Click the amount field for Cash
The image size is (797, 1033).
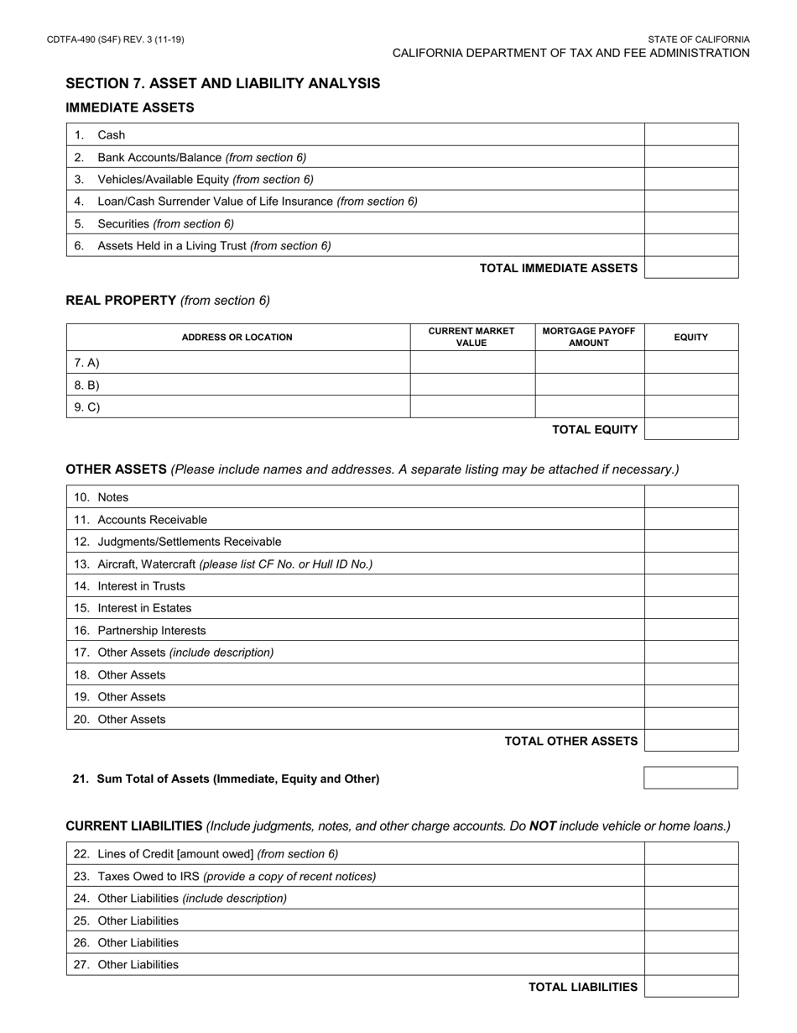pos(691,134)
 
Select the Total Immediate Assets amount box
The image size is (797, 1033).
pos(691,268)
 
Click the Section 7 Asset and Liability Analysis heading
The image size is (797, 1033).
pos(222,83)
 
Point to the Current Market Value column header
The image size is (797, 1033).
pos(471,337)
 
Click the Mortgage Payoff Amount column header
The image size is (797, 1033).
pos(589,337)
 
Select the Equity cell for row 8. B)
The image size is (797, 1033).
pos(691,385)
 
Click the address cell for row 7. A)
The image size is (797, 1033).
pos(238,363)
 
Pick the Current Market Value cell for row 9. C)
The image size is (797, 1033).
pos(472,407)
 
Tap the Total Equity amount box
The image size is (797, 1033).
pos(691,429)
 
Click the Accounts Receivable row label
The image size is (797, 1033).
pos(152,520)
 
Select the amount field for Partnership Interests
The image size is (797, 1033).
pos(691,631)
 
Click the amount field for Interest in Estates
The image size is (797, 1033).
pos(691,608)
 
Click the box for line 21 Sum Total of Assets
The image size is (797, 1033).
pos(690,779)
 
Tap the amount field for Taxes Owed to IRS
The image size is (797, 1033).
pos(691,876)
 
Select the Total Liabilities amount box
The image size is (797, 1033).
pos(691,987)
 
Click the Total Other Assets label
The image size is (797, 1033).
pos(570,741)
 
